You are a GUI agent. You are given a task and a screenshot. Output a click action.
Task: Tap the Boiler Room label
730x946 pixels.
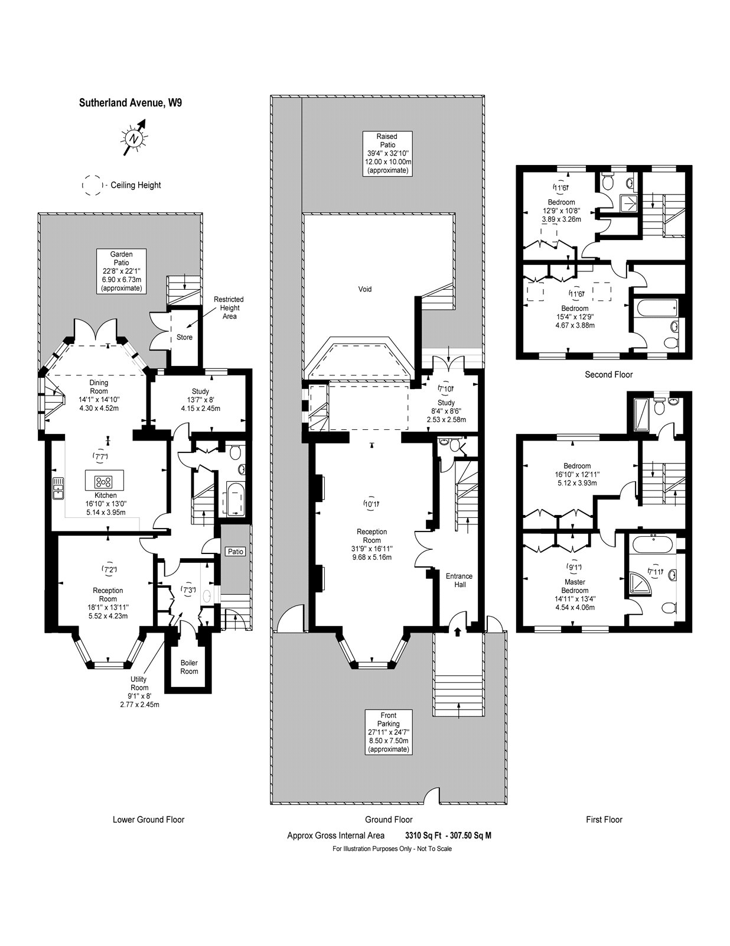[189, 667]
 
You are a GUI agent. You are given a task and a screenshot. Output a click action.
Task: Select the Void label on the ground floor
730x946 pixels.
[365, 289]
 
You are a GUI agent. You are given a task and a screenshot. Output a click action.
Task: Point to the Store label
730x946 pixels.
[184, 338]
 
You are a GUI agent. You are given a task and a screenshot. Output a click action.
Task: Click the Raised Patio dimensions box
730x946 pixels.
[387, 153]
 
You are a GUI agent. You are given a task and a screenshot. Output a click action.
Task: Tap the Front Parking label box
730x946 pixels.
[388, 732]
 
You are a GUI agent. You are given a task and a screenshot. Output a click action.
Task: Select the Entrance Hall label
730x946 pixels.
[459, 580]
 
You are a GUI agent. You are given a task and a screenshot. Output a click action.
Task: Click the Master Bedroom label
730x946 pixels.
[575, 586]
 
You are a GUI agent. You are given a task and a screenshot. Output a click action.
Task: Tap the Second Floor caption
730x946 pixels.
[608, 374]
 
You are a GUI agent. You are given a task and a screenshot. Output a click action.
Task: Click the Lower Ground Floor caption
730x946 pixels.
[148, 819]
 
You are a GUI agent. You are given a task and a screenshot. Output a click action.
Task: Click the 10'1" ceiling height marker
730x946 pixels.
[371, 504]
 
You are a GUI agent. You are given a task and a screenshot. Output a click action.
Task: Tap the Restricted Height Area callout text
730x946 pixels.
[229, 307]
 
